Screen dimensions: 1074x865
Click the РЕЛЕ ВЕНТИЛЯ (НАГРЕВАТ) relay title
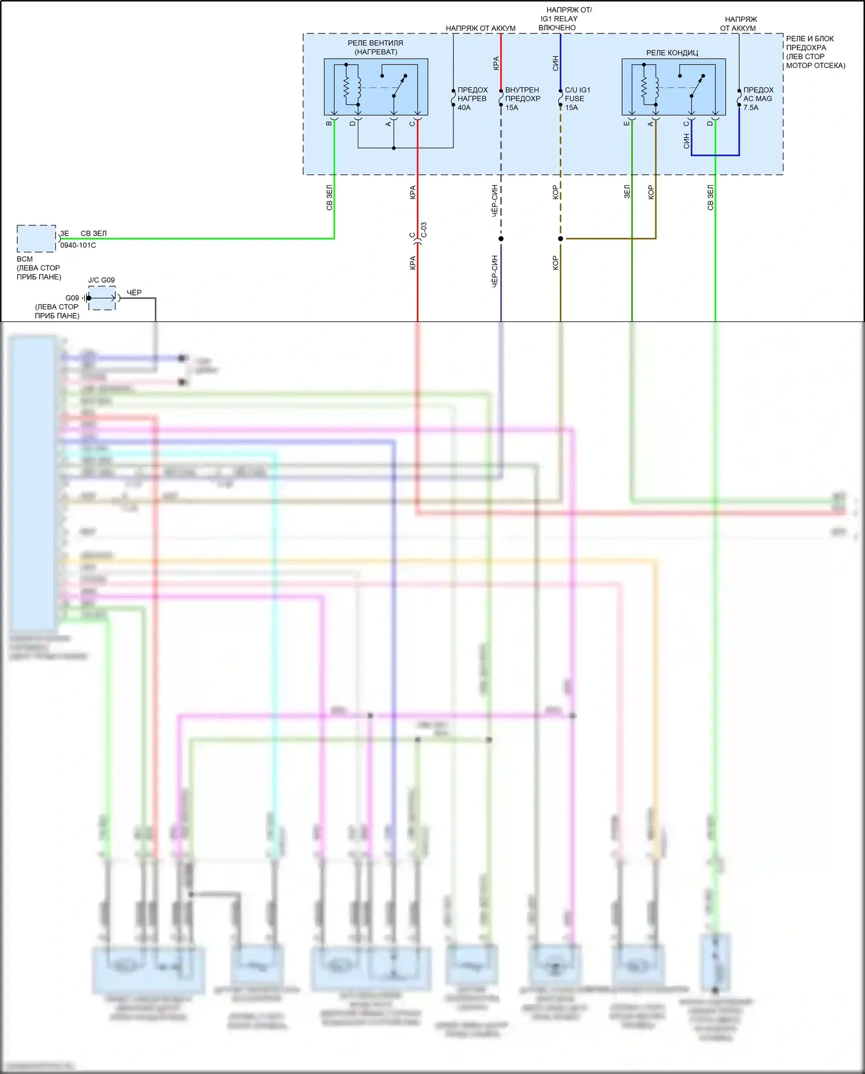tap(375, 47)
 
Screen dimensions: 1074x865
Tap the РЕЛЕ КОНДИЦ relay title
tap(672, 53)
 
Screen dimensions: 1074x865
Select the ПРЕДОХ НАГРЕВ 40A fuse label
tap(472, 99)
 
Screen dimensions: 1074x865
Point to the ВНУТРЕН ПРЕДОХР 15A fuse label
tap(522, 99)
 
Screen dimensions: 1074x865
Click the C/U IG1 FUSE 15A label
tap(577, 99)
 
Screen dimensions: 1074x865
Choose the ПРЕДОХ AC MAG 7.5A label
tap(758, 99)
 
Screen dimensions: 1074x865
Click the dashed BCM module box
tap(36, 238)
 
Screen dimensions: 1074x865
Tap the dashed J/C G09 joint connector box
tap(102, 298)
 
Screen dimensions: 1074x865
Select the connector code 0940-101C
tap(78, 245)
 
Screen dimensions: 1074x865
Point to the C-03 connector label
tap(424, 230)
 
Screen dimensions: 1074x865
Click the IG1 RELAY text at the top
tap(559, 18)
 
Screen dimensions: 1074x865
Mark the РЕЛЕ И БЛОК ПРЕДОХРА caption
tap(810, 43)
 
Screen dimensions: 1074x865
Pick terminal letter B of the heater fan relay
tap(329, 124)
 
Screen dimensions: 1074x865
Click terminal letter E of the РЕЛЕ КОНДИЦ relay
tap(627, 124)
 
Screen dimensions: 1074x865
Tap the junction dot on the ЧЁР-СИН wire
tap(501, 238)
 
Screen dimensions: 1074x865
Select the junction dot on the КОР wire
tap(560, 238)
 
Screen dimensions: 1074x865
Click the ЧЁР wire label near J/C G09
tap(134, 293)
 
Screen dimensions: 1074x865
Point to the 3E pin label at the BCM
tap(65, 233)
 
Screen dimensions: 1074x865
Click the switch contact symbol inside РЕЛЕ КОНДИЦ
tap(692, 87)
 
